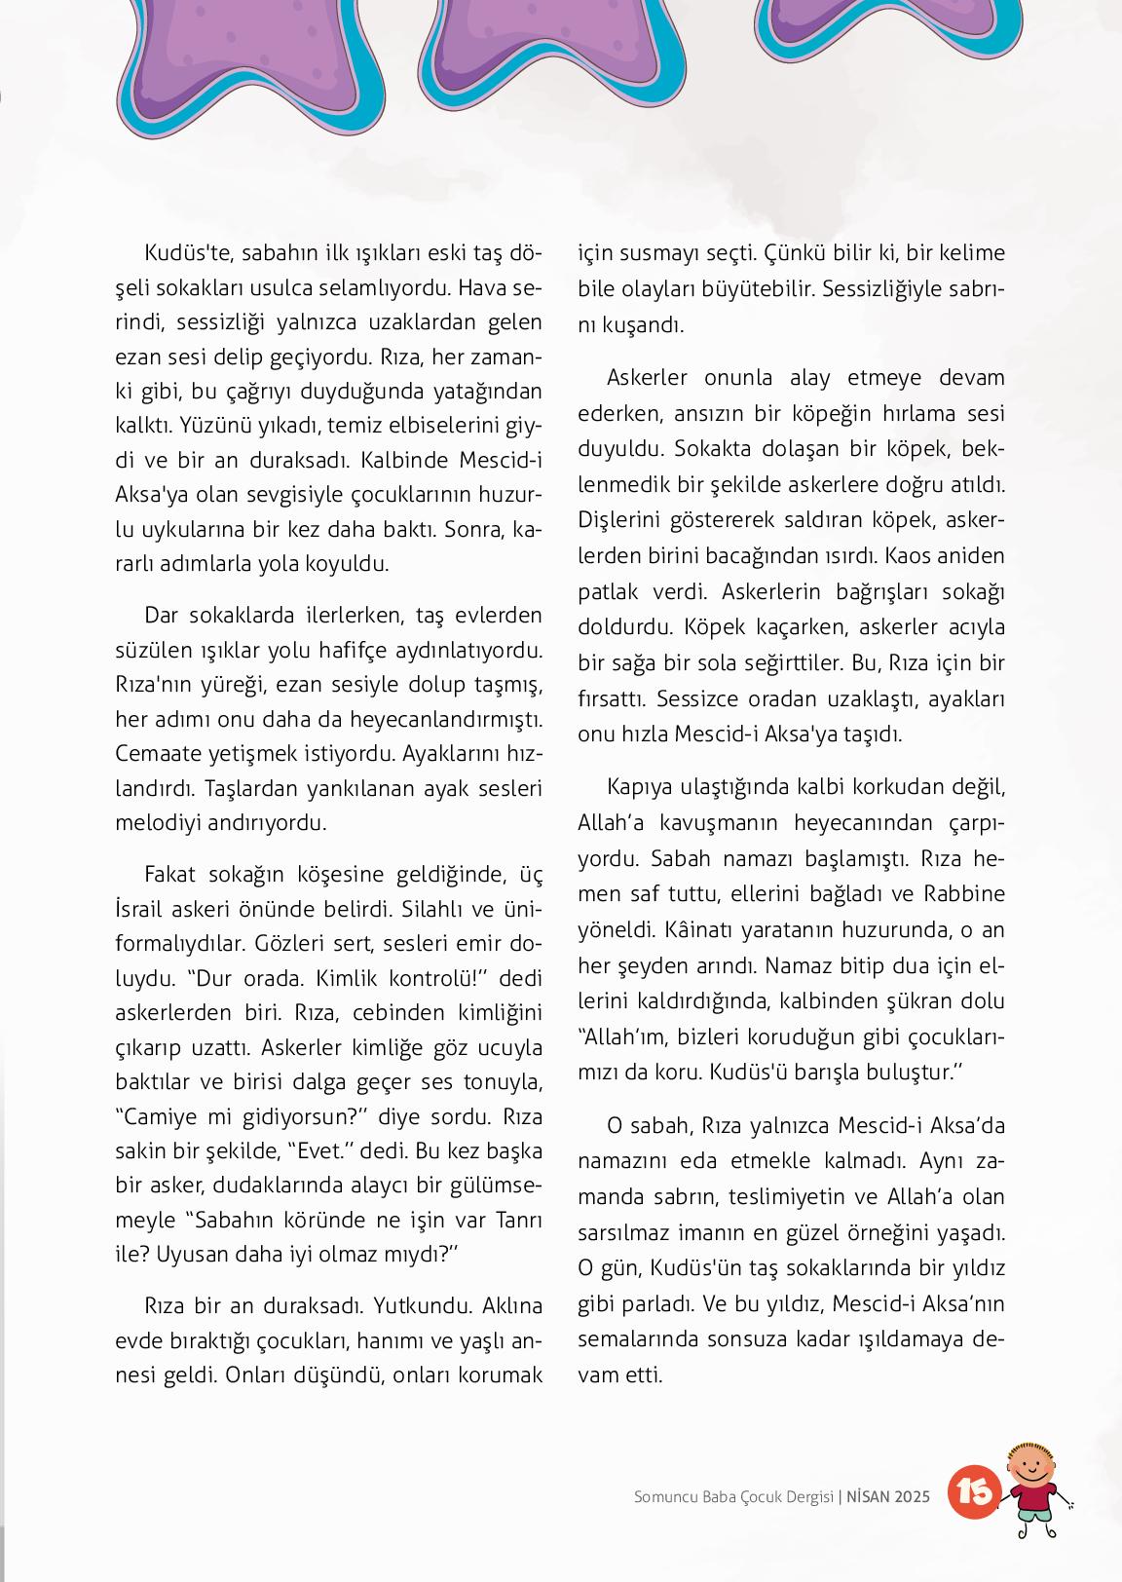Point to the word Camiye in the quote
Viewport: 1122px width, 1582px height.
159,1115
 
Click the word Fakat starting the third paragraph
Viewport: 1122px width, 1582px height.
170,873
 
